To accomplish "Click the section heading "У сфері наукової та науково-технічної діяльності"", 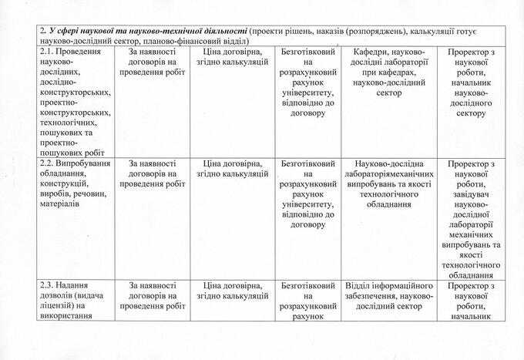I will click(x=146, y=30).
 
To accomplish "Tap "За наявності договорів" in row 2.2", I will click(x=153, y=173).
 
